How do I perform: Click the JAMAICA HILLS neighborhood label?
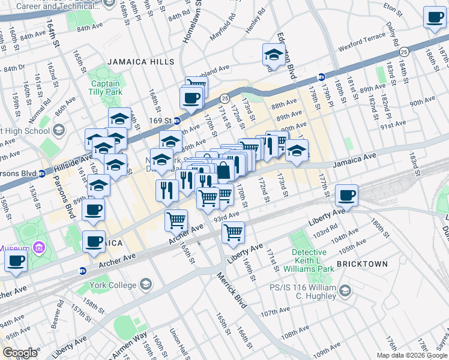[141, 62]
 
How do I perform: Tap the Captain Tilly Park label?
[106, 88]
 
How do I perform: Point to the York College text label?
[113, 284]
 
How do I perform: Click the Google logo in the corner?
[20, 353]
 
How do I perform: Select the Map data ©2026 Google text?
[411, 355]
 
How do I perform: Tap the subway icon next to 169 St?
[176, 121]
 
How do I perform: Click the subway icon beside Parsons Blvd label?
[42, 175]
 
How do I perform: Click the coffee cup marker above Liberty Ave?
[346, 196]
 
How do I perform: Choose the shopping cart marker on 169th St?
[233, 231]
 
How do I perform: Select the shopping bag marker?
[223, 170]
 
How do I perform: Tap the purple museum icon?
[39, 248]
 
